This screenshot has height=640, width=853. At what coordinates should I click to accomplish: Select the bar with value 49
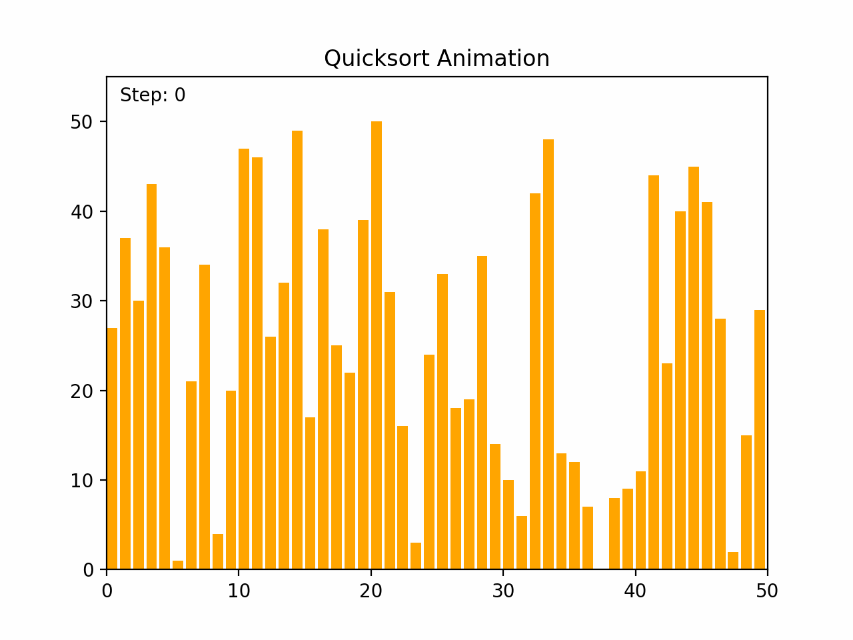pyautogui.click(x=297, y=350)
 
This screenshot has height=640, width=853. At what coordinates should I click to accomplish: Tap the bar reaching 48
pyautogui.click(x=548, y=354)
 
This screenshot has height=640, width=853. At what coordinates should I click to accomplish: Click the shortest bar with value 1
pyautogui.click(x=178, y=565)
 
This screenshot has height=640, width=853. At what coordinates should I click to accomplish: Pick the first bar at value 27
pyautogui.click(x=112, y=448)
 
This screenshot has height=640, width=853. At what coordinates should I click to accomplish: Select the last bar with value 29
pyautogui.click(x=760, y=439)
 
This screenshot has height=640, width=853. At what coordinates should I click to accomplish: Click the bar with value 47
pyautogui.click(x=244, y=359)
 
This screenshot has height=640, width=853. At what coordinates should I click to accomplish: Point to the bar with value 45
pyautogui.click(x=694, y=368)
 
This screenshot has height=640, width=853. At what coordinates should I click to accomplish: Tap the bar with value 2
pyautogui.click(x=733, y=561)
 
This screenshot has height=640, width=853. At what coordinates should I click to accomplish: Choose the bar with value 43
pyautogui.click(x=152, y=377)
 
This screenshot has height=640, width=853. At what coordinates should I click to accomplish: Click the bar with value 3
pyautogui.click(x=416, y=556)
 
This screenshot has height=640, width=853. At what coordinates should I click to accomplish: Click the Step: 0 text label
pyautogui.click(x=153, y=95)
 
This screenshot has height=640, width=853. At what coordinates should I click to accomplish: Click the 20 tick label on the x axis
pyautogui.click(x=371, y=591)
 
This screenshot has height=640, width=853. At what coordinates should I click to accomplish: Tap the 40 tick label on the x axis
pyautogui.click(x=636, y=591)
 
